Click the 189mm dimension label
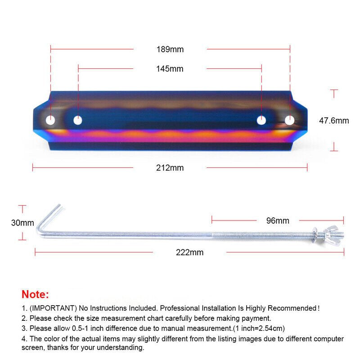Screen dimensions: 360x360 170,49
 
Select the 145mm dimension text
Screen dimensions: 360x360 170,69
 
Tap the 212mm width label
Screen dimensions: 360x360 170,168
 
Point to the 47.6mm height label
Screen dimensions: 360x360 334,121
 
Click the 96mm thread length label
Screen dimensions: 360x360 278,220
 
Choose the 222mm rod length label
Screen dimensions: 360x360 189,252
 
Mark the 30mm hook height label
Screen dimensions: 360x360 22,223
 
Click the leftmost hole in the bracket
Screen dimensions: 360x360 50,120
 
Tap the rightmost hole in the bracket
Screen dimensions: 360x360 289,120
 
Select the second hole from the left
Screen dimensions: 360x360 78,120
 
